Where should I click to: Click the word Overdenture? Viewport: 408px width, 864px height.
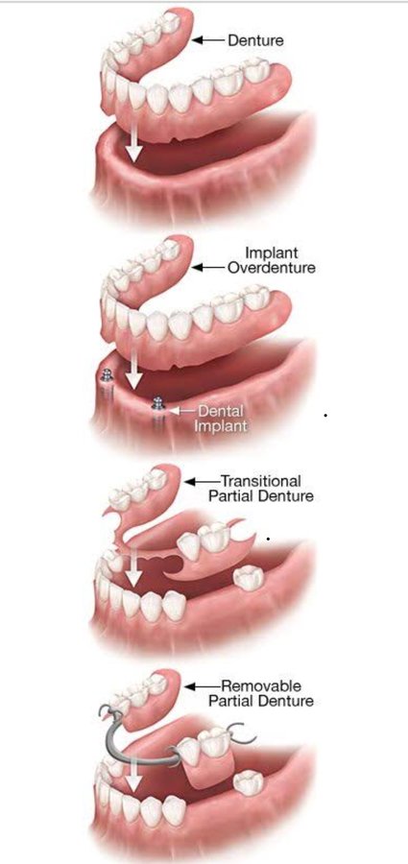(x=272, y=268)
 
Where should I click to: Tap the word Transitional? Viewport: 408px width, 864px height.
(x=260, y=481)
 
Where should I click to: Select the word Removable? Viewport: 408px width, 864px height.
(x=261, y=686)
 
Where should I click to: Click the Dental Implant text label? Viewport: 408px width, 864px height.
(x=222, y=419)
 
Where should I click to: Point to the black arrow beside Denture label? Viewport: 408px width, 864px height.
(x=208, y=40)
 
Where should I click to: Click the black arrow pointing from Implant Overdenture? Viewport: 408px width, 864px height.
(x=208, y=268)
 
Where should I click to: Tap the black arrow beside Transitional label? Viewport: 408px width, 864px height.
(x=202, y=481)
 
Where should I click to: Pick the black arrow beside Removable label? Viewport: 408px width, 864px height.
(x=202, y=686)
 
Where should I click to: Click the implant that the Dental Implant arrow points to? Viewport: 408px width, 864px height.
(x=158, y=407)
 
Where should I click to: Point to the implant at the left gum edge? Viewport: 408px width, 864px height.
(x=106, y=378)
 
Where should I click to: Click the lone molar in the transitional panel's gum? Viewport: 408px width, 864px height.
(x=248, y=578)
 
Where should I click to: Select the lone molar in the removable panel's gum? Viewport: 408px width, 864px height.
(x=248, y=782)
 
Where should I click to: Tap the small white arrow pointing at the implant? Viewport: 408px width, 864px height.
(x=180, y=410)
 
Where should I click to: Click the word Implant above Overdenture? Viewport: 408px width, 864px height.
(x=272, y=252)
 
